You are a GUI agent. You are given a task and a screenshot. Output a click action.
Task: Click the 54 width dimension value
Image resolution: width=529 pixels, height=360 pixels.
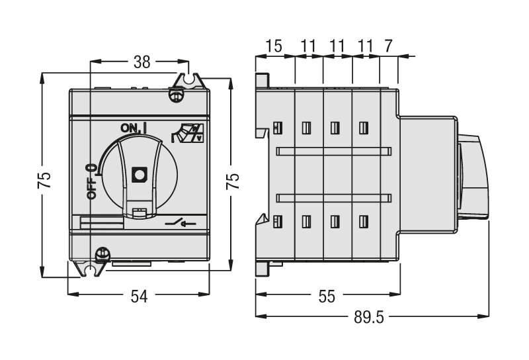pyautogui.click(x=138, y=296)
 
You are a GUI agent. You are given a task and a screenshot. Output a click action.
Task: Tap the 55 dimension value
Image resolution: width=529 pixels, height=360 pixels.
pyautogui.click(x=327, y=296)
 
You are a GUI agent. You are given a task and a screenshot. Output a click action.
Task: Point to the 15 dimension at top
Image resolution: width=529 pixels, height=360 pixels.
pyautogui.click(x=274, y=46)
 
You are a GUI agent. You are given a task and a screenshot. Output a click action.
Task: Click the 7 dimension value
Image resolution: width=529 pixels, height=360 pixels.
pyautogui.click(x=389, y=46)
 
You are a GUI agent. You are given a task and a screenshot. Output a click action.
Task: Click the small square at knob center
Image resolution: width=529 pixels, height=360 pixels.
pyautogui.click(x=139, y=174)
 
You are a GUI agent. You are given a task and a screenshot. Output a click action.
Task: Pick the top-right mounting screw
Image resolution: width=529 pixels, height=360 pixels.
pyautogui.click(x=176, y=94)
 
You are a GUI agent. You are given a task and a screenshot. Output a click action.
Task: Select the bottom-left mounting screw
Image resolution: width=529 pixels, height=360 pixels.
pyautogui.click(x=102, y=253)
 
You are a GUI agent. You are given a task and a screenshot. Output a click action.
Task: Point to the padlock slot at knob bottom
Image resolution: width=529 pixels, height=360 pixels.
pyautogui.click(x=139, y=212)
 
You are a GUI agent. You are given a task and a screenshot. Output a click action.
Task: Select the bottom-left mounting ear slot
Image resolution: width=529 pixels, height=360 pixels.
pyautogui.click(x=88, y=269)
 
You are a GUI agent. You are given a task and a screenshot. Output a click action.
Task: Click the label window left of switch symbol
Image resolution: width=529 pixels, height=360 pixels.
pyautogui.click(x=101, y=224)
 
